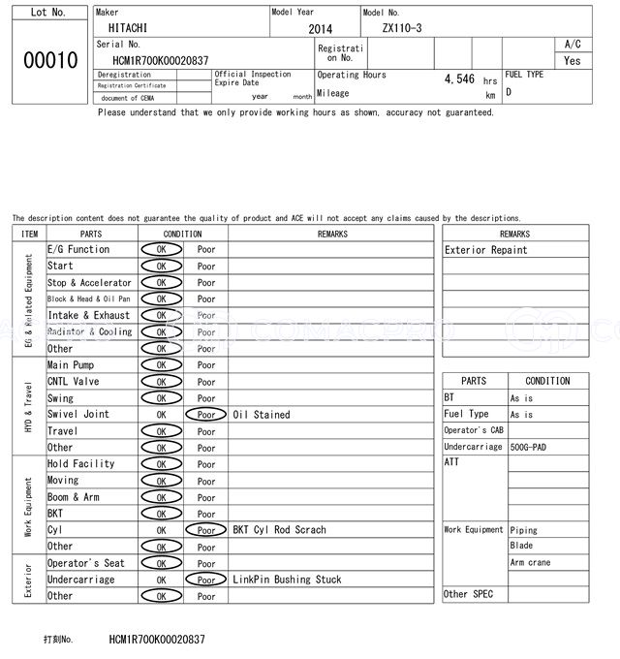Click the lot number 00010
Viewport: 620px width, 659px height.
(49, 60)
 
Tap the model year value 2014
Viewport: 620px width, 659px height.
(320, 30)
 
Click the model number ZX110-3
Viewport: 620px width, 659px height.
(402, 28)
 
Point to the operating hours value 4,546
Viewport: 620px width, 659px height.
(459, 78)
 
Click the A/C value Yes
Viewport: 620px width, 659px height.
(573, 61)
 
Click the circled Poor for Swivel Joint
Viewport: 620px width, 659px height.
(206, 415)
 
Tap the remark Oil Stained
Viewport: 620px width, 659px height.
(262, 415)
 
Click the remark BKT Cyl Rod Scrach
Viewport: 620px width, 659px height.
(279, 530)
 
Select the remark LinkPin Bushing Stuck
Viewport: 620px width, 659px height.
(287, 580)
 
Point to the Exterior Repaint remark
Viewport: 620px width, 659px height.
(486, 250)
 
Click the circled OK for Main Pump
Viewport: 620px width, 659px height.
(161, 365)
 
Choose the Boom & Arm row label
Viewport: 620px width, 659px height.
(74, 497)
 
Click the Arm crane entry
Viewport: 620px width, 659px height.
(530, 562)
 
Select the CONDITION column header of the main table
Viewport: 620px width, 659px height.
(182, 234)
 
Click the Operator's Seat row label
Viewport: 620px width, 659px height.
(86, 563)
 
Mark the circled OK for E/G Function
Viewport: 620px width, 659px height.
(161, 250)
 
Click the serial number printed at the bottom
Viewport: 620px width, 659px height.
(157, 640)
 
